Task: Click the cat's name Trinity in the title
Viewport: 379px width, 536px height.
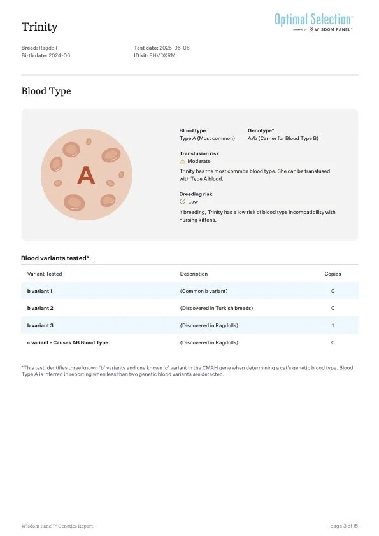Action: pyautogui.click(x=39, y=27)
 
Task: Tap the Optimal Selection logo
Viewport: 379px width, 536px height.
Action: pyautogui.click(x=313, y=20)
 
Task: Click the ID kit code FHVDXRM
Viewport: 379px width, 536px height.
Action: pyautogui.click(x=162, y=55)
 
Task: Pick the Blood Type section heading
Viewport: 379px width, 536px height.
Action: pyautogui.click(x=46, y=91)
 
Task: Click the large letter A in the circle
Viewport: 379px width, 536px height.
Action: pyautogui.click(x=85, y=175)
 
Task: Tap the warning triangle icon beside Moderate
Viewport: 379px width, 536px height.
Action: pyautogui.click(x=183, y=161)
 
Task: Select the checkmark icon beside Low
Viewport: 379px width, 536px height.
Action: pyautogui.click(x=183, y=202)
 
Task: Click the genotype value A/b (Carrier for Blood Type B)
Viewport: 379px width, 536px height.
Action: pyautogui.click(x=283, y=138)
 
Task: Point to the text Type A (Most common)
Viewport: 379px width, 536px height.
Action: pyautogui.click(x=207, y=138)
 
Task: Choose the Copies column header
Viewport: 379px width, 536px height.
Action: pyautogui.click(x=333, y=274)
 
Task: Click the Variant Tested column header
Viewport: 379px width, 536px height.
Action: pyautogui.click(x=45, y=274)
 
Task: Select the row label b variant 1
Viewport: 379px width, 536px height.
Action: pyautogui.click(x=39, y=291)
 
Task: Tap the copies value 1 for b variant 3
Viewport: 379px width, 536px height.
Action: pyautogui.click(x=333, y=325)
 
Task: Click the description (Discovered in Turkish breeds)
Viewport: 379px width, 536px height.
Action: pyautogui.click(x=216, y=308)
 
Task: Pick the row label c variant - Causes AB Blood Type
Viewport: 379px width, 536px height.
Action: pyautogui.click(x=68, y=342)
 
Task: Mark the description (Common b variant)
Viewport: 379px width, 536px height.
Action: pyautogui.click(x=204, y=291)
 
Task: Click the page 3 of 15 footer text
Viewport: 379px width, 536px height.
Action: pyautogui.click(x=344, y=526)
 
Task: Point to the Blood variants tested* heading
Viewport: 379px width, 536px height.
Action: pyautogui.click(x=55, y=258)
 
